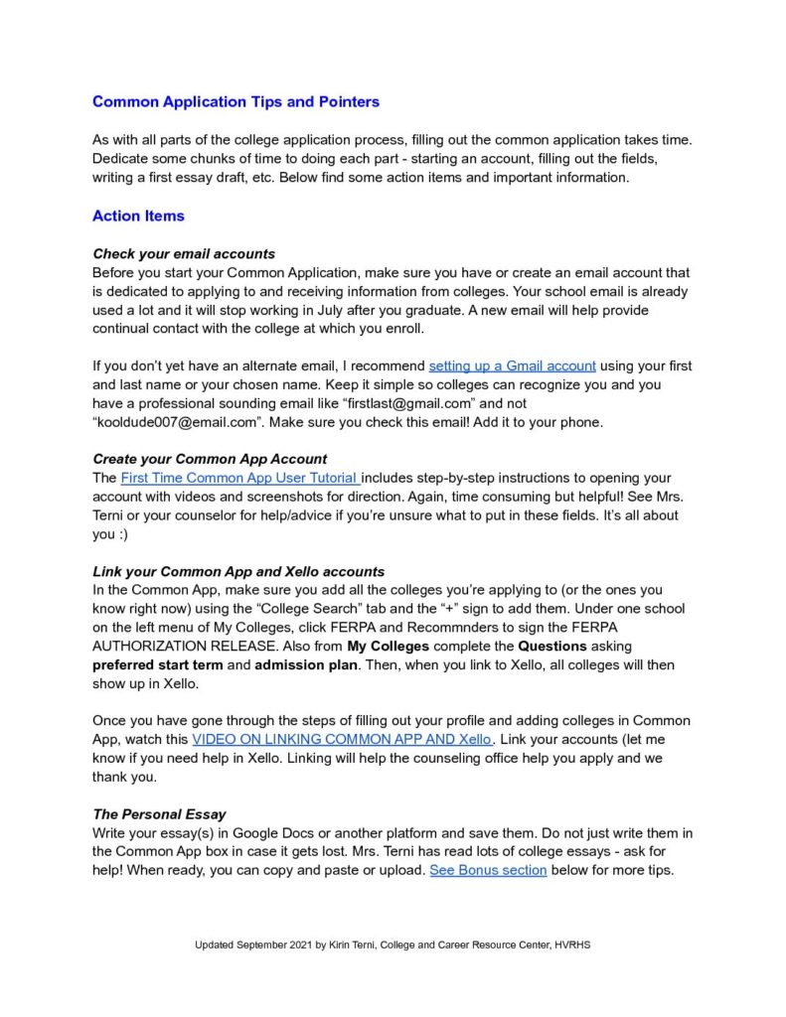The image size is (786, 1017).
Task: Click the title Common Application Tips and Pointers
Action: (236, 102)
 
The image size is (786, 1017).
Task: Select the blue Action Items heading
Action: (138, 216)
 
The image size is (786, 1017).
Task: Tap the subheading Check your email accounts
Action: (184, 253)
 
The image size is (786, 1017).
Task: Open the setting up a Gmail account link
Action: (512, 365)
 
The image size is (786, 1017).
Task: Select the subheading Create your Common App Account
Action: (210, 459)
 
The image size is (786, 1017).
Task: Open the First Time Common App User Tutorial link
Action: (239, 478)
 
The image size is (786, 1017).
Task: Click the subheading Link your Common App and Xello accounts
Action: (238, 572)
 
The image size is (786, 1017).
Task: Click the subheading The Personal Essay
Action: (159, 814)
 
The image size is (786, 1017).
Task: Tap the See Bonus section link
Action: (488, 871)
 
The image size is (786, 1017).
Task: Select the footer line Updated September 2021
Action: (392, 944)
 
